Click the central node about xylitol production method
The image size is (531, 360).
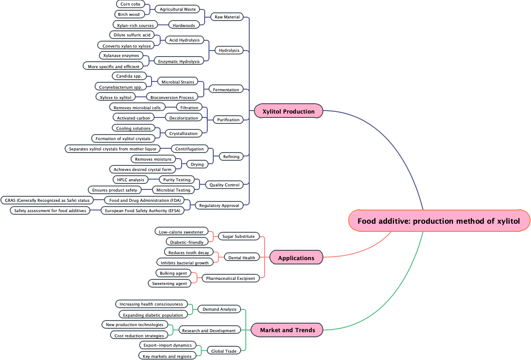click(439, 221)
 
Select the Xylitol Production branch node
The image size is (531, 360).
click(288, 111)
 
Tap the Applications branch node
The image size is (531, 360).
click(296, 258)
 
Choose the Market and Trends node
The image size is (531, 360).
click(287, 330)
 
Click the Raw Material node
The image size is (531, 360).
click(227, 17)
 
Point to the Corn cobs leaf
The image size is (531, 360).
click(130, 4)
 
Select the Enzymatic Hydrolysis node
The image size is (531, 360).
click(179, 61)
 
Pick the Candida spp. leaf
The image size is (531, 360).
click(129, 76)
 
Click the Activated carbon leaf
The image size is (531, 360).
click(134, 118)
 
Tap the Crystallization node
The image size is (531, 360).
click(183, 133)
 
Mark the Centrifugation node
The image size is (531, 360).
click(189, 149)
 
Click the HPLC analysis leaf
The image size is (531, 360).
click(131, 180)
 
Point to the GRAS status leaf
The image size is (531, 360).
click(47, 200)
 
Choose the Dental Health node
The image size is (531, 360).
click(242, 258)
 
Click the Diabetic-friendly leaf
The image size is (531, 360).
click(187, 242)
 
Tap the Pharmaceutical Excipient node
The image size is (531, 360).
click(230, 278)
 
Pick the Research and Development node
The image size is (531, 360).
click(209, 330)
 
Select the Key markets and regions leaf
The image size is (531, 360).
click(167, 356)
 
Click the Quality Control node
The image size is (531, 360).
click(224, 185)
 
